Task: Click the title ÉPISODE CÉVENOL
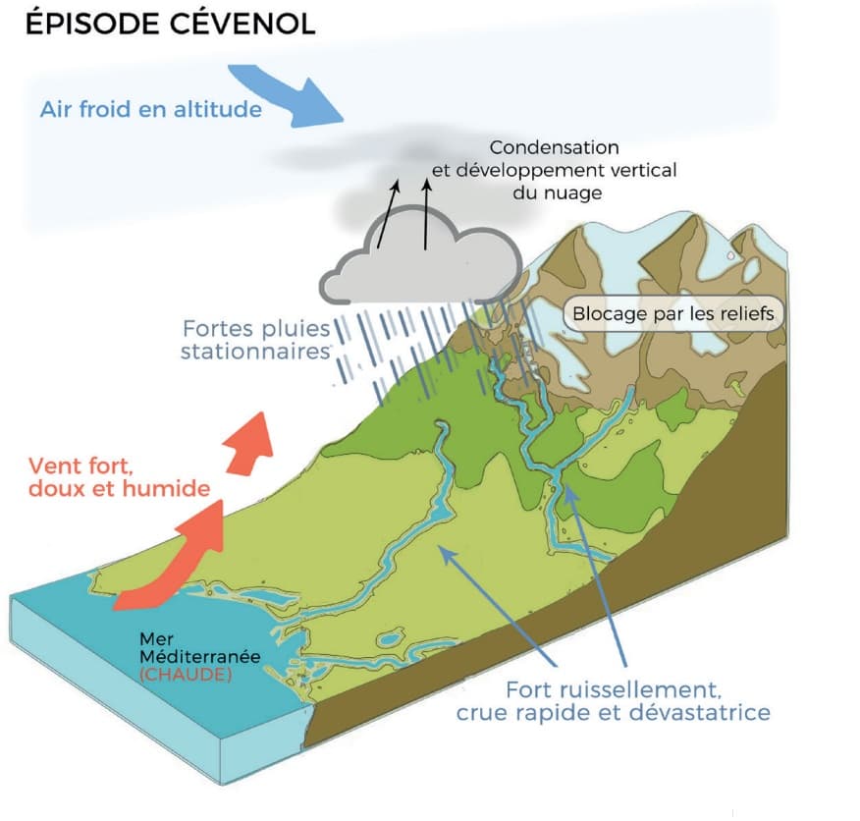[170, 25]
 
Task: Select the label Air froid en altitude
[151, 109]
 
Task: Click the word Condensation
[555, 147]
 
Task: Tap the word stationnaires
[252, 350]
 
